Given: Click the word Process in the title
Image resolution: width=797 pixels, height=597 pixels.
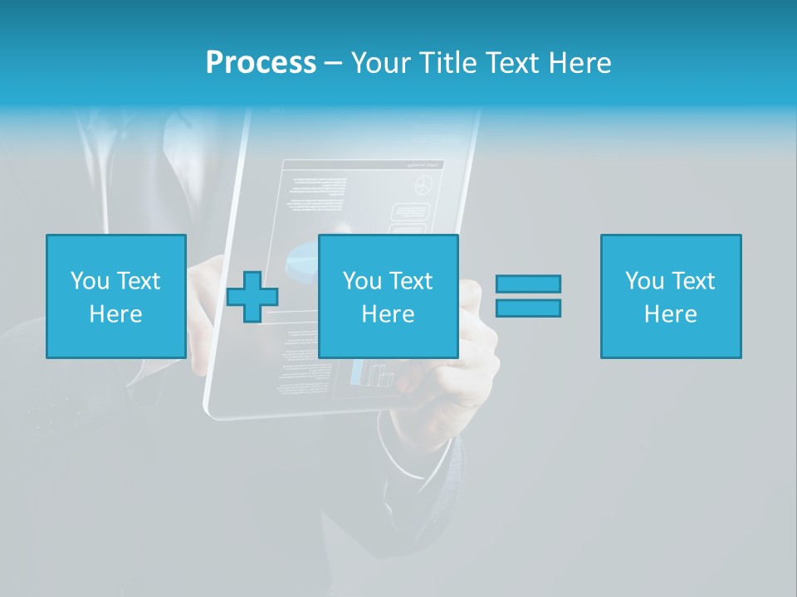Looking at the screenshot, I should pyautogui.click(x=261, y=62).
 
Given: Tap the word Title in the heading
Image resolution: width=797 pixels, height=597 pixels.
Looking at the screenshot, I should pyautogui.click(x=447, y=62).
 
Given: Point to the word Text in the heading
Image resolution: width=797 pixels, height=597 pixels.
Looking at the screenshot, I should pyautogui.click(x=514, y=62).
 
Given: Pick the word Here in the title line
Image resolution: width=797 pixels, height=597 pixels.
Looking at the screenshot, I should pyautogui.click(x=580, y=62).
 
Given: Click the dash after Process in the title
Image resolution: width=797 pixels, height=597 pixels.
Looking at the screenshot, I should pyautogui.click(x=333, y=63).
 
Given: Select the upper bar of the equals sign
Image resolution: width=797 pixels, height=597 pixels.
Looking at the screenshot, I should pyautogui.click(x=528, y=284).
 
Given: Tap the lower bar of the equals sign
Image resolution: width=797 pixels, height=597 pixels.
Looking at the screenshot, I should pyautogui.click(x=528, y=308).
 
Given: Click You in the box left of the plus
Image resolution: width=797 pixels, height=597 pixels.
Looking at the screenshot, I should pyautogui.click(x=90, y=281).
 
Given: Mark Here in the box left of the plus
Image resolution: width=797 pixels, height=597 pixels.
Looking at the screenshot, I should pyautogui.click(x=115, y=314).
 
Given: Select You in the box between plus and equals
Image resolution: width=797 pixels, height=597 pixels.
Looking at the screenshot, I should pyautogui.click(x=362, y=281).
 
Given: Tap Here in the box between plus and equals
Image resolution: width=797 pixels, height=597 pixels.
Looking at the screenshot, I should pyautogui.click(x=388, y=314).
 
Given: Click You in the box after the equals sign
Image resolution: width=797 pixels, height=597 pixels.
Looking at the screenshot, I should pyautogui.click(x=644, y=281).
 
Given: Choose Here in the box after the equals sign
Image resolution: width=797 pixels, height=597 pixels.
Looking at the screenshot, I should pyautogui.click(x=670, y=314).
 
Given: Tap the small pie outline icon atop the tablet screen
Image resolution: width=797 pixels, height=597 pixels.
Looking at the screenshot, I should pyautogui.click(x=425, y=185).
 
